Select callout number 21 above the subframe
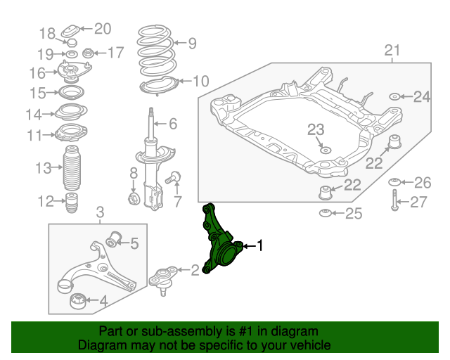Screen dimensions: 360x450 coord(392,51)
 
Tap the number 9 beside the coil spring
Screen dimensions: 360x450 coord(192,44)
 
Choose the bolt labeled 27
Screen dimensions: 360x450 coord(395,202)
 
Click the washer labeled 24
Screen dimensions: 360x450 coord(394,96)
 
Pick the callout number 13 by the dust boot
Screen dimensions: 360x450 coord(44,167)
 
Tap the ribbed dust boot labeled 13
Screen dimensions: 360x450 coord(72,169)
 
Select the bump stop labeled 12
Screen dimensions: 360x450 coord(72,203)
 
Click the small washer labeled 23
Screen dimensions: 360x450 coord(325,149)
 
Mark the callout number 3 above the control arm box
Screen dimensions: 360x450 coord(100,212)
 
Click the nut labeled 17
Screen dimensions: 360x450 coord(89,53)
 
